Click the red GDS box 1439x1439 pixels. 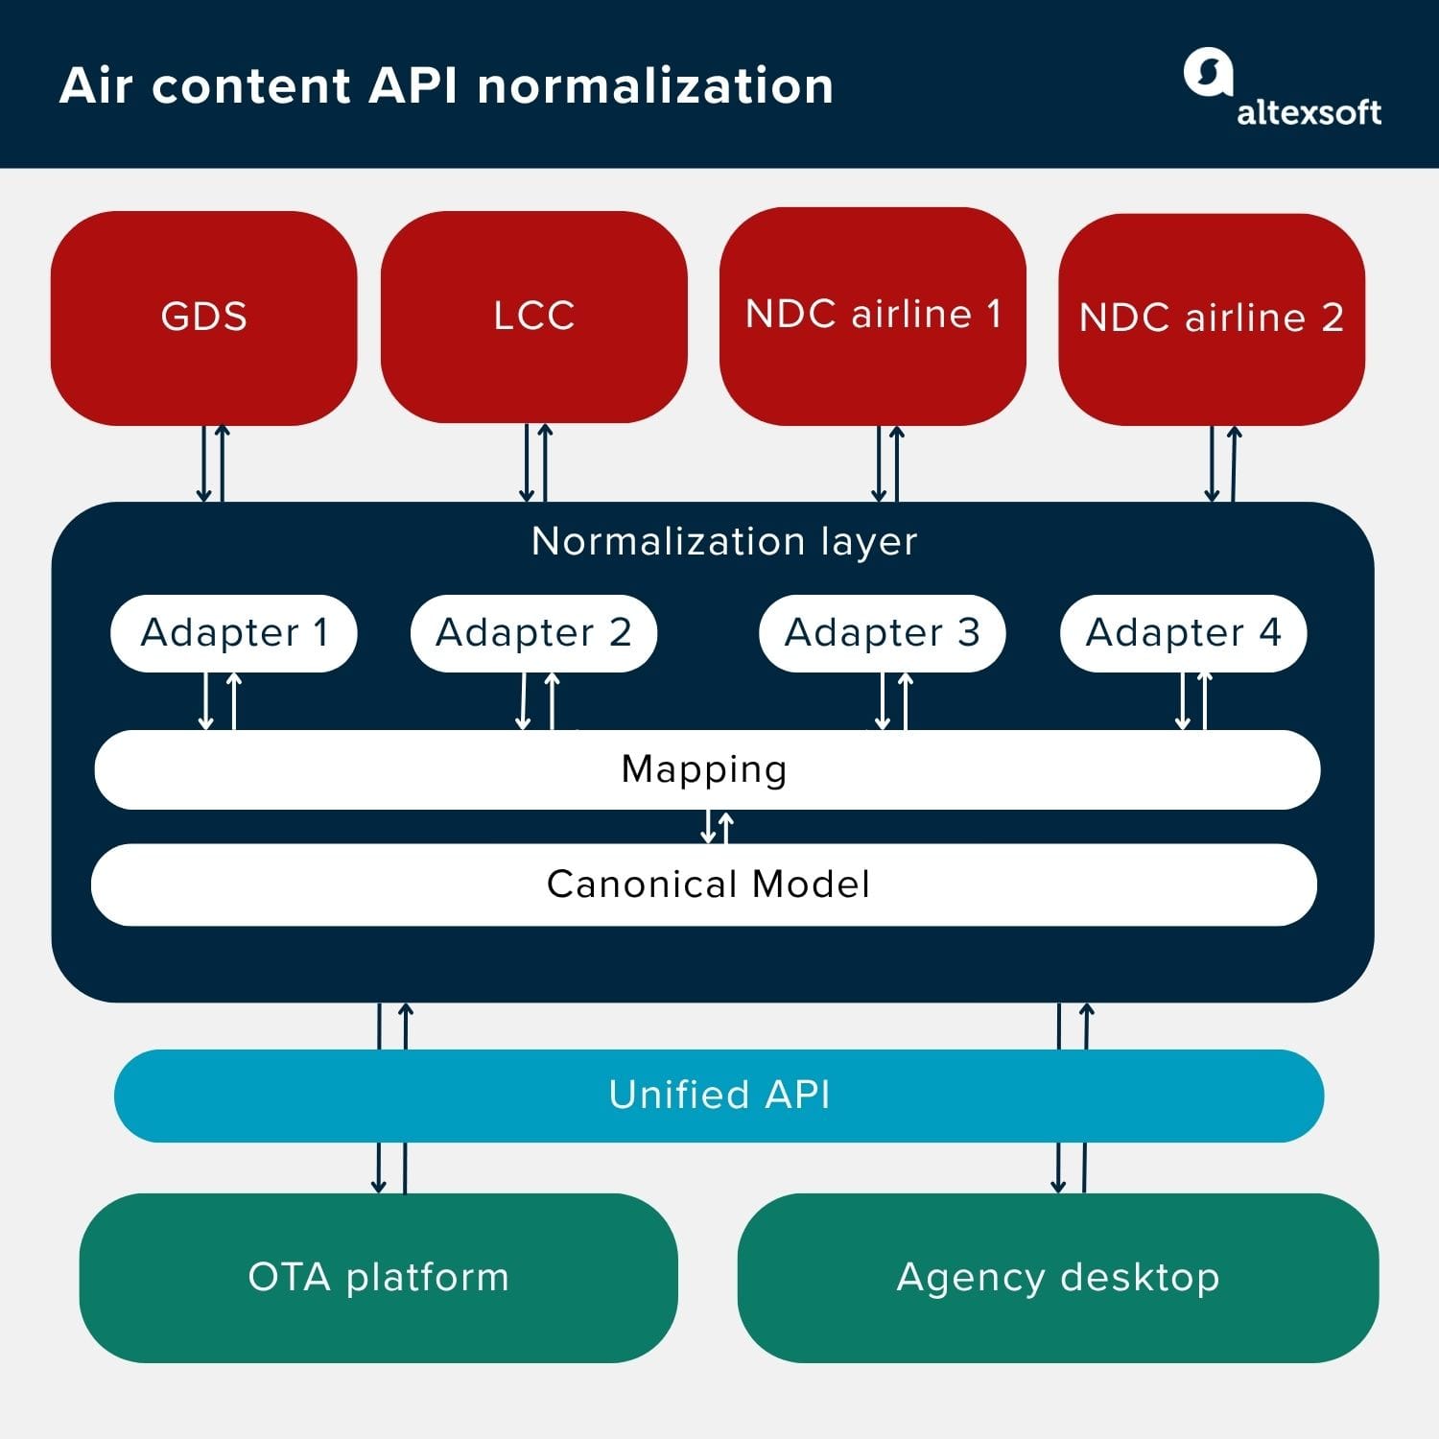tap(203, 318)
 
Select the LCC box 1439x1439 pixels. tap(533, 317)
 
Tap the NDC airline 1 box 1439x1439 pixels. tap(872, 316)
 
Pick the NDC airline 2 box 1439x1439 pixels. tap(1211, 318)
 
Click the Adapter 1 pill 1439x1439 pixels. tap(234, 633)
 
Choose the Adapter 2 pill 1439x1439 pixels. tap(533, 633)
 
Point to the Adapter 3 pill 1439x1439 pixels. tap(882, 633)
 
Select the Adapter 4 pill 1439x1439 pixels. tap(1183, 633)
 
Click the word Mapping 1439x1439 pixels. tap(704, 769)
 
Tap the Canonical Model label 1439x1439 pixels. tap(708, 885)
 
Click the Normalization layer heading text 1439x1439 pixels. tap(724, 542)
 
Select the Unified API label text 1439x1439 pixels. tap(719, 1095)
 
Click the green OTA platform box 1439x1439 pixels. tap(378, 1278)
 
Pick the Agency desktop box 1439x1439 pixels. tap(1057, 1278)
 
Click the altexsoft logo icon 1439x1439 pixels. tap(1208, 73)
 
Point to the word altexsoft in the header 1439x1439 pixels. tap(1309, 113)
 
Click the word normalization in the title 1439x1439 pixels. tap(655, 85)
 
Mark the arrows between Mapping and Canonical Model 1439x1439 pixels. tap(717, 827)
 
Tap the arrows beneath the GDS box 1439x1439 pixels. tap(213, 463)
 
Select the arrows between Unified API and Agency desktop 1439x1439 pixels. tap(1072, 1168)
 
